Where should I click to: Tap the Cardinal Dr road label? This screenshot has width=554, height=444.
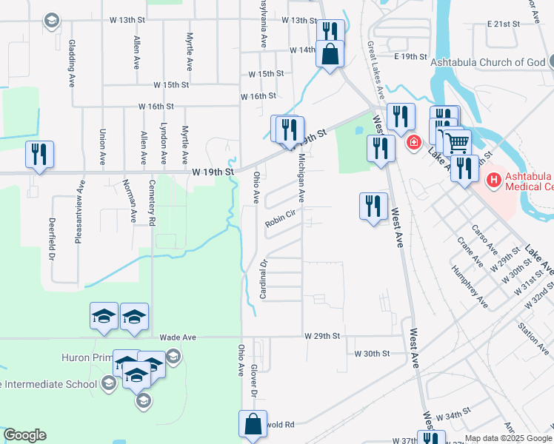pyautogui.click(x=262, y=279)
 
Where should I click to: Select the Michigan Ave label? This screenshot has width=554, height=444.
pyautogui.click(x=301, y=178)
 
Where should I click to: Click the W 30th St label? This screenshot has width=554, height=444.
pyautogui.click(x=372, y=354)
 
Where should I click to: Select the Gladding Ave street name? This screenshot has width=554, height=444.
pyautogui.click(x=71, y=64)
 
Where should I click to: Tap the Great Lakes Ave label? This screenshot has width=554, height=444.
pyautogui.click(x=376, y=71)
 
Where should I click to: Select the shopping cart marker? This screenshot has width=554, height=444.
pyautogui.click(x=457, y=141)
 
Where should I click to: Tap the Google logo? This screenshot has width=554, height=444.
pyautogui.click(x=24, y=435)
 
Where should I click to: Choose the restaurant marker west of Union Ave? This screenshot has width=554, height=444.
pyautogui.click(x=37, y=154)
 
